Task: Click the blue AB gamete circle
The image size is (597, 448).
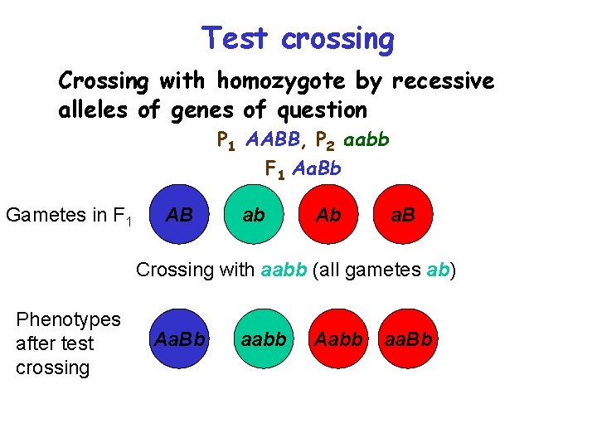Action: [179, 215]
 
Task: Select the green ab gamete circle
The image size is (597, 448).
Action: [254, 215]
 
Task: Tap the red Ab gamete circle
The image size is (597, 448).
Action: [328, 215]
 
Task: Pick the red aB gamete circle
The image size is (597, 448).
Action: [403, 215]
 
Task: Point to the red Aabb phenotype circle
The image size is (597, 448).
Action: [339, 339]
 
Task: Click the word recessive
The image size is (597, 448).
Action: [443, 82]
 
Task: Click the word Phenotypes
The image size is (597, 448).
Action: [68, 319]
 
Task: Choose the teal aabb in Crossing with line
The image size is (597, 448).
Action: [284, 270]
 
